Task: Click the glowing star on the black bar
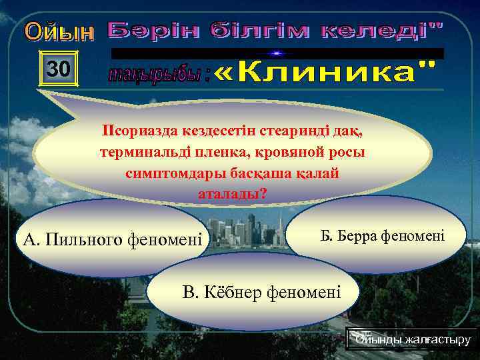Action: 277,53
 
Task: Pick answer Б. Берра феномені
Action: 383,237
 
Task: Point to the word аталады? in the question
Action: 233,194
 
